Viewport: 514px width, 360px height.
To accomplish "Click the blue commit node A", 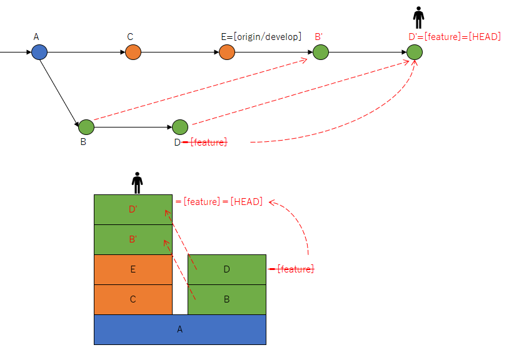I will click(39, 52).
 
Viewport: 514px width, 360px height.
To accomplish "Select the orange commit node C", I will click(133, 52).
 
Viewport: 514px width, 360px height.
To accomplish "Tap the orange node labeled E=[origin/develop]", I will click(227, 52).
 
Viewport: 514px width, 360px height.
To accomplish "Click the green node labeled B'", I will click(321, 52).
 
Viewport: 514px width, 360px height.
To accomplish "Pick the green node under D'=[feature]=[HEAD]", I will click(415, 52).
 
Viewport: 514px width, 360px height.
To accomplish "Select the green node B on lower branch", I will click(86, 127).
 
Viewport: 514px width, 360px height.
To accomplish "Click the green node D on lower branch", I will click(180, 127).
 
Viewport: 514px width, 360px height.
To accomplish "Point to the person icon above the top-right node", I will click(419, 17).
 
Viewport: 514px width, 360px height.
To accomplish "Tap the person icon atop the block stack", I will click(138, 182).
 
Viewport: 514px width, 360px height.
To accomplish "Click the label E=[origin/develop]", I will click(261, 36).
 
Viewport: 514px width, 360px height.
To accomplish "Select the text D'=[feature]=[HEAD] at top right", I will click(454, 36).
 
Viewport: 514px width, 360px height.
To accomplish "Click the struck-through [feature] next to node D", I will click(208, 142).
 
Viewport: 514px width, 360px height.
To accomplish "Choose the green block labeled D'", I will click(133, 209).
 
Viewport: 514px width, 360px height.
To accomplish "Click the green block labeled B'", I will click(133, 239).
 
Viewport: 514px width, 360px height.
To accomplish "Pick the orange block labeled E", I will click(133, 269).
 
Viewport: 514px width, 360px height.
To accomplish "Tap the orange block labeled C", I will click(133, 299).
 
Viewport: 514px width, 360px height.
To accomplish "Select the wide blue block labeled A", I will click(180, 329).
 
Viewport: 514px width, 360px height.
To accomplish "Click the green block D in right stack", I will click(227, 269).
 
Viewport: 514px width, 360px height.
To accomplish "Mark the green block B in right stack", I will click(227, 299).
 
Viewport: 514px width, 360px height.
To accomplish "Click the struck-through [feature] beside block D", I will click(295, 269).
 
